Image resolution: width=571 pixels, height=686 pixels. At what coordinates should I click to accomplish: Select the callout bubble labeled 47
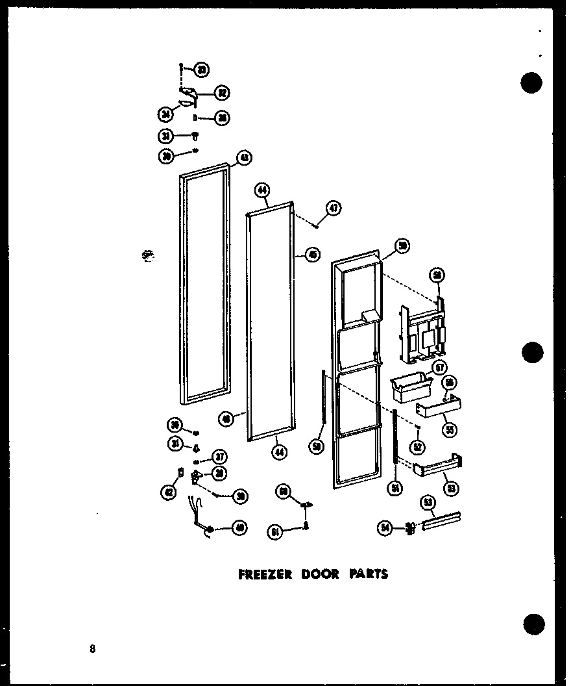pyautogui.click(x=334, y=209)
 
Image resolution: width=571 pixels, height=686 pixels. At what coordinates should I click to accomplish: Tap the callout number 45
pyautogui.click(x=313, y=255)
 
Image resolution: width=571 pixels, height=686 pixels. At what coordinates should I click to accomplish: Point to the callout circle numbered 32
pyautogui.click(x=222, y=93)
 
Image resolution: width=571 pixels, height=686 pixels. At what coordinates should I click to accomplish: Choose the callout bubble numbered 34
pyautogui.click(x=165, y=115)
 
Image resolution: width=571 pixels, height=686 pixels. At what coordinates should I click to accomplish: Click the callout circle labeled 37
pyautogui.click(x=220, y=455)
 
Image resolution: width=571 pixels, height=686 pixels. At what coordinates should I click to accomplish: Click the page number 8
pyautogui.click(x=93, y=648)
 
